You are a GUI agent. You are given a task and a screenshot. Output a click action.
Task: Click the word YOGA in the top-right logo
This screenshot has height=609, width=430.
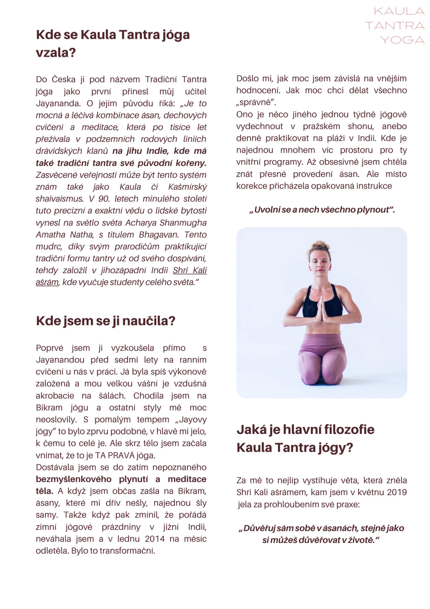[x=402, y=40]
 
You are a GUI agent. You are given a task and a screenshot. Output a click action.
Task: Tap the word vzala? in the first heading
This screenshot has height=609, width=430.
[x=56, y=52]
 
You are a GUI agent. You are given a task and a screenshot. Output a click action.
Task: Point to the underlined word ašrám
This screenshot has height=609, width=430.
[x=47, y=282]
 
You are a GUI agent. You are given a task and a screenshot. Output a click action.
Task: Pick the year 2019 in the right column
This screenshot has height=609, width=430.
[x=395, y=492]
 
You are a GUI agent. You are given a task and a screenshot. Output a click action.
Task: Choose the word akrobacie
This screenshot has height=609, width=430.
[x=55, y=396]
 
